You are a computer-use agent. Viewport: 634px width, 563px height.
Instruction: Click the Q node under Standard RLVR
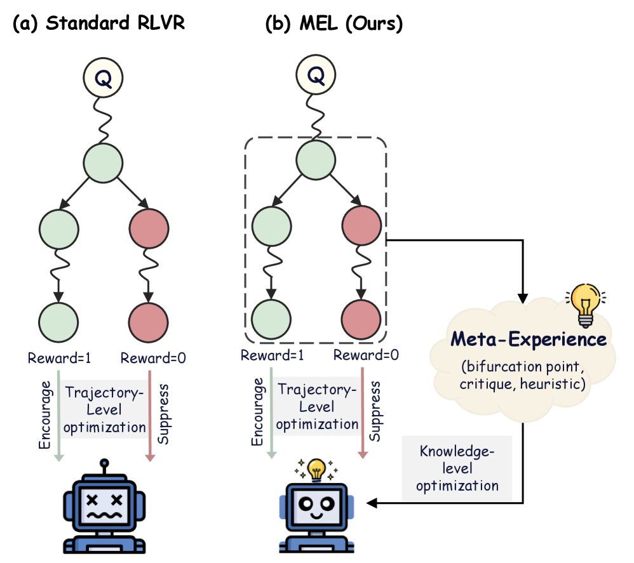[x=104, y=77]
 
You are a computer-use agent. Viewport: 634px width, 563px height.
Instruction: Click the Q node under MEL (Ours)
[x=316, y=77]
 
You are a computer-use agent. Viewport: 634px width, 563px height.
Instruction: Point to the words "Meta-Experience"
[x=529, y=340]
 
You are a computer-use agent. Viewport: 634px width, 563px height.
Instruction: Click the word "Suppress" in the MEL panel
[x=375, y=410]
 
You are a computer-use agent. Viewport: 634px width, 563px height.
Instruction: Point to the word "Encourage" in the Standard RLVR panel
[x=44, y=413]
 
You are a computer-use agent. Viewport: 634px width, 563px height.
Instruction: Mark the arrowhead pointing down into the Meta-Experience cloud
[x=523, y=298]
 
